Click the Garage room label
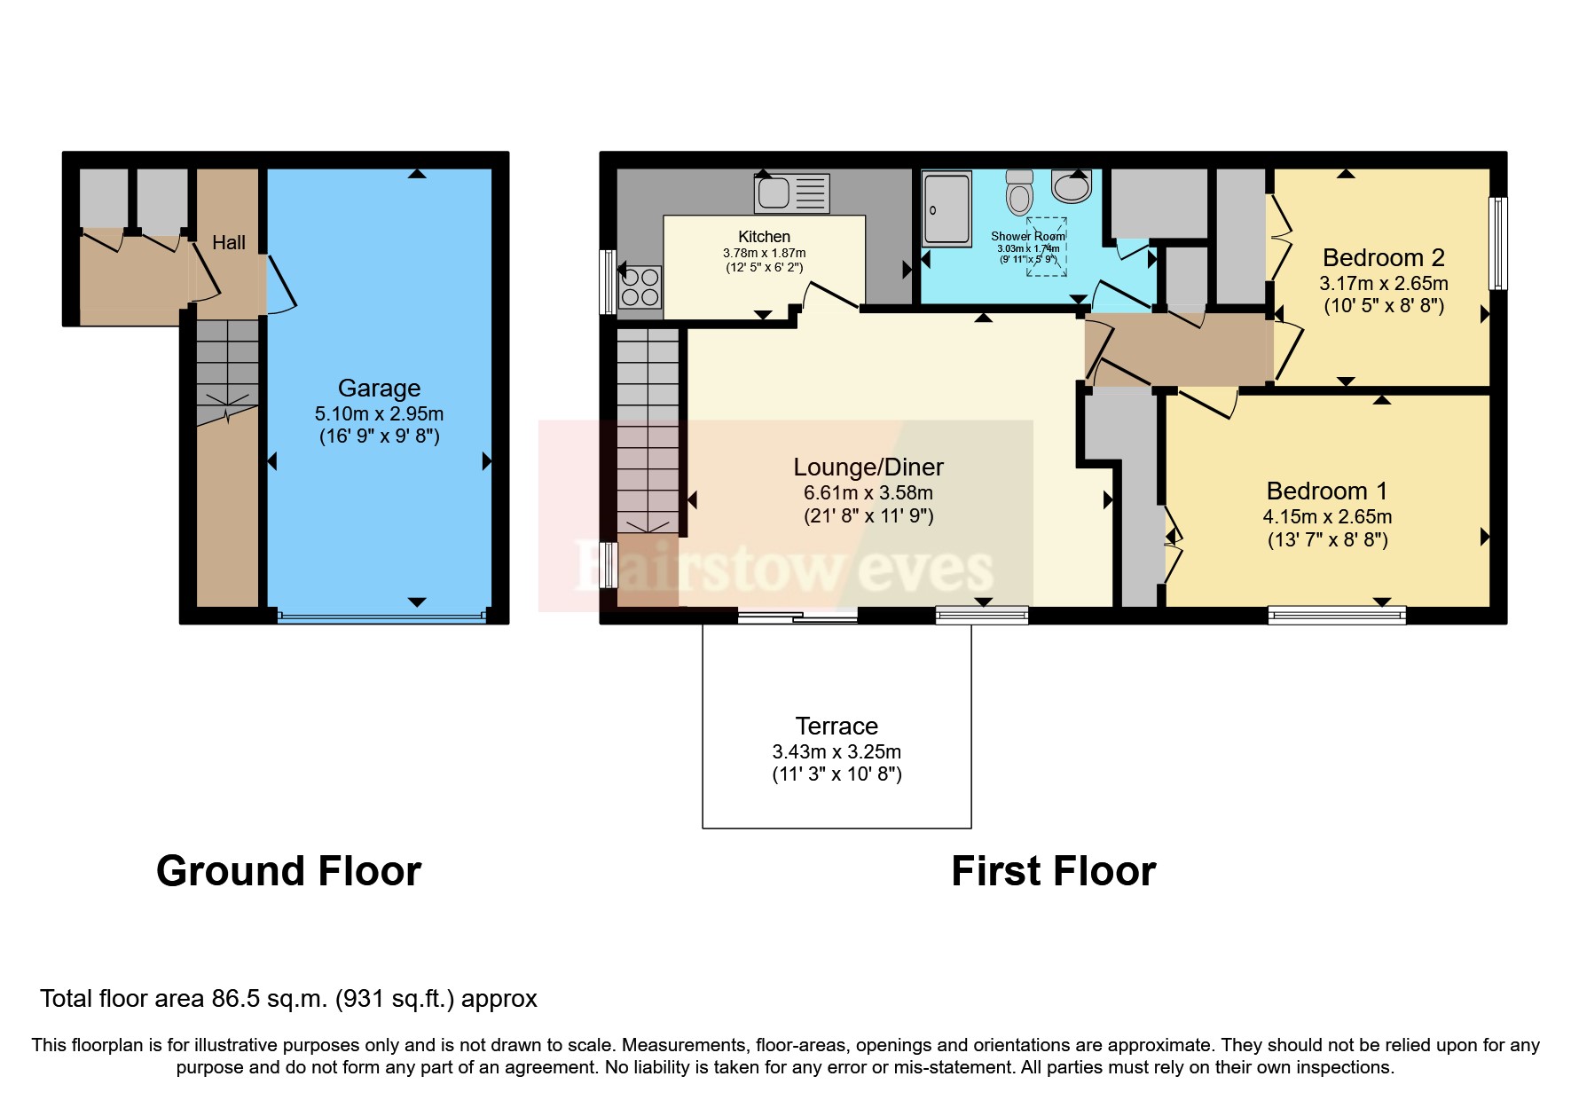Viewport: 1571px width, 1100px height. [x=379, y=389]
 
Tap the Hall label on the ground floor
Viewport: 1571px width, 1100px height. [x=228, y=242]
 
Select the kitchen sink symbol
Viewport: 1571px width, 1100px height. [x=791, y=192]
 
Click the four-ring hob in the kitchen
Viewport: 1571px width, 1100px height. [x=640, y=287]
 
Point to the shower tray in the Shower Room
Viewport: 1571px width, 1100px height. [x=947, y=209]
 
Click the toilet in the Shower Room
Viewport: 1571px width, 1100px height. [x=1019, y=190]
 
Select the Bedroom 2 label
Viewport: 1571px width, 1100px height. [x=1383, y=258]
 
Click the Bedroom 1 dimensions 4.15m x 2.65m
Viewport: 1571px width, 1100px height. [x=1327, y=516]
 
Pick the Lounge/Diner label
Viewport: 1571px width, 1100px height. [x=868, y=467]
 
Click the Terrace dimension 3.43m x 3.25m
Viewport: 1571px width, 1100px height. [x=837, y=751]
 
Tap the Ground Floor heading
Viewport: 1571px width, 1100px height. [x=288, y=871]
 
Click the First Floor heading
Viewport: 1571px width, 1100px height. [x=1053, y=871]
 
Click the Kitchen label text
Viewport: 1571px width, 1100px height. [x=764, y=237]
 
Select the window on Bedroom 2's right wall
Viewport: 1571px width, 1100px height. [x=1497, y=243]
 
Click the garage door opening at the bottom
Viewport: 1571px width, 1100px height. [x=381, y=616]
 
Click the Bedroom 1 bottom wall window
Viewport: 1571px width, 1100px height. [x=1337, y=615]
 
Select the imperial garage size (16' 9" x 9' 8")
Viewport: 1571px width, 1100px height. [x=379, y=436]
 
